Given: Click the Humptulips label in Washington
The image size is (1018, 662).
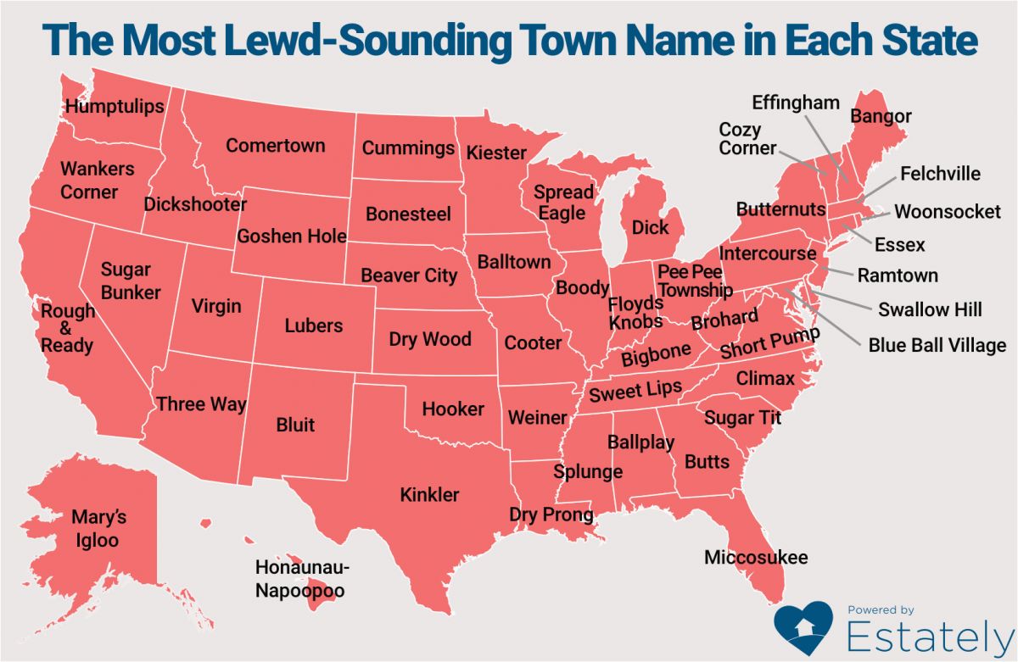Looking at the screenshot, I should (x=115, y=107).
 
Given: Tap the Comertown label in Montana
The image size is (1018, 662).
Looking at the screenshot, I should (x=275, y=146).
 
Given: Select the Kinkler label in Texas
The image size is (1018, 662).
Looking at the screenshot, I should (x=429, y=494).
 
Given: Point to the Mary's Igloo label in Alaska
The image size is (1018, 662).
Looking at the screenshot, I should (x=95, y=528).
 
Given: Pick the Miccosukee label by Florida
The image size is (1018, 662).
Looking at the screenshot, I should (x=756, y=557).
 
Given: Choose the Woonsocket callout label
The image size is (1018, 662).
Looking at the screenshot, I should (x=948, y=212).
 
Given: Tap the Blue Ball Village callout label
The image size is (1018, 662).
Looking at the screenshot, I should (x=937, y=345).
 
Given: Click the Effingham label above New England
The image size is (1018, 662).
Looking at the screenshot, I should (x=796, y=103).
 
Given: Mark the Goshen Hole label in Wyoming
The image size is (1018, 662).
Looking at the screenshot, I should (x=292, y=236).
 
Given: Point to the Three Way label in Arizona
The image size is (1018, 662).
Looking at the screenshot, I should (x=201, y=404).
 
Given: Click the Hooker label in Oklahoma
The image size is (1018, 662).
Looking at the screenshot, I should (x=453, y=409).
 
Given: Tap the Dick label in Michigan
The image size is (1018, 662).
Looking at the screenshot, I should (x=651, y=227).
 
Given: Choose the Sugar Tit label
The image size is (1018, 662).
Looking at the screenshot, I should (x=742, y=418).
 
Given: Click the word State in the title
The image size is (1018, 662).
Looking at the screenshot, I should (x=920, y=41).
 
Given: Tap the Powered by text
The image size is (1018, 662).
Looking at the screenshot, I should (x=881, y=609).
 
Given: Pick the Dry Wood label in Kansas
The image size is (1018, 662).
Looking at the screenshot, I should (x=430, y=339).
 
